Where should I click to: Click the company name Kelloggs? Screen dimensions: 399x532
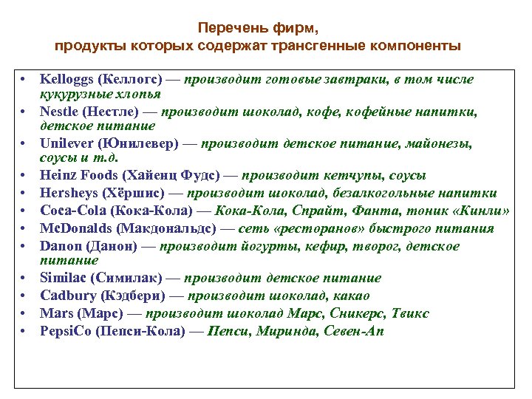point(66,79)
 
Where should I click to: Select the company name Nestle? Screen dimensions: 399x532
point(59,112)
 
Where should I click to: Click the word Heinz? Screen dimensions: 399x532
point(58,176)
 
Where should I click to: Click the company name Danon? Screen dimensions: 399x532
point(59,245)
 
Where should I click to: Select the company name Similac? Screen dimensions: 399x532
point(63,278)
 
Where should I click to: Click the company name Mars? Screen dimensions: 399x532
point(55,313)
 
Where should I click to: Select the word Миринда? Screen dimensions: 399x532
point(282,331)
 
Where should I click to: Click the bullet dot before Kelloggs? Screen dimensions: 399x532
point(24,79)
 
